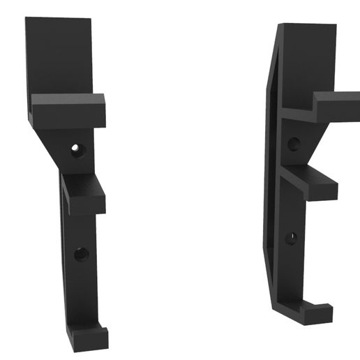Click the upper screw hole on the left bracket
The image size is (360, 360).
pos(77,149)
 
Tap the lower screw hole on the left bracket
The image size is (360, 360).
pos(82,254)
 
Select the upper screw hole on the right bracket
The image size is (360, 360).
pos(294,143)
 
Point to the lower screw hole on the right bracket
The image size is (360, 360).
pos(290,239)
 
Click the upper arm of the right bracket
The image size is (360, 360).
pos(335,108)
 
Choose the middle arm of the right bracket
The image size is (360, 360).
pos(310,185)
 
